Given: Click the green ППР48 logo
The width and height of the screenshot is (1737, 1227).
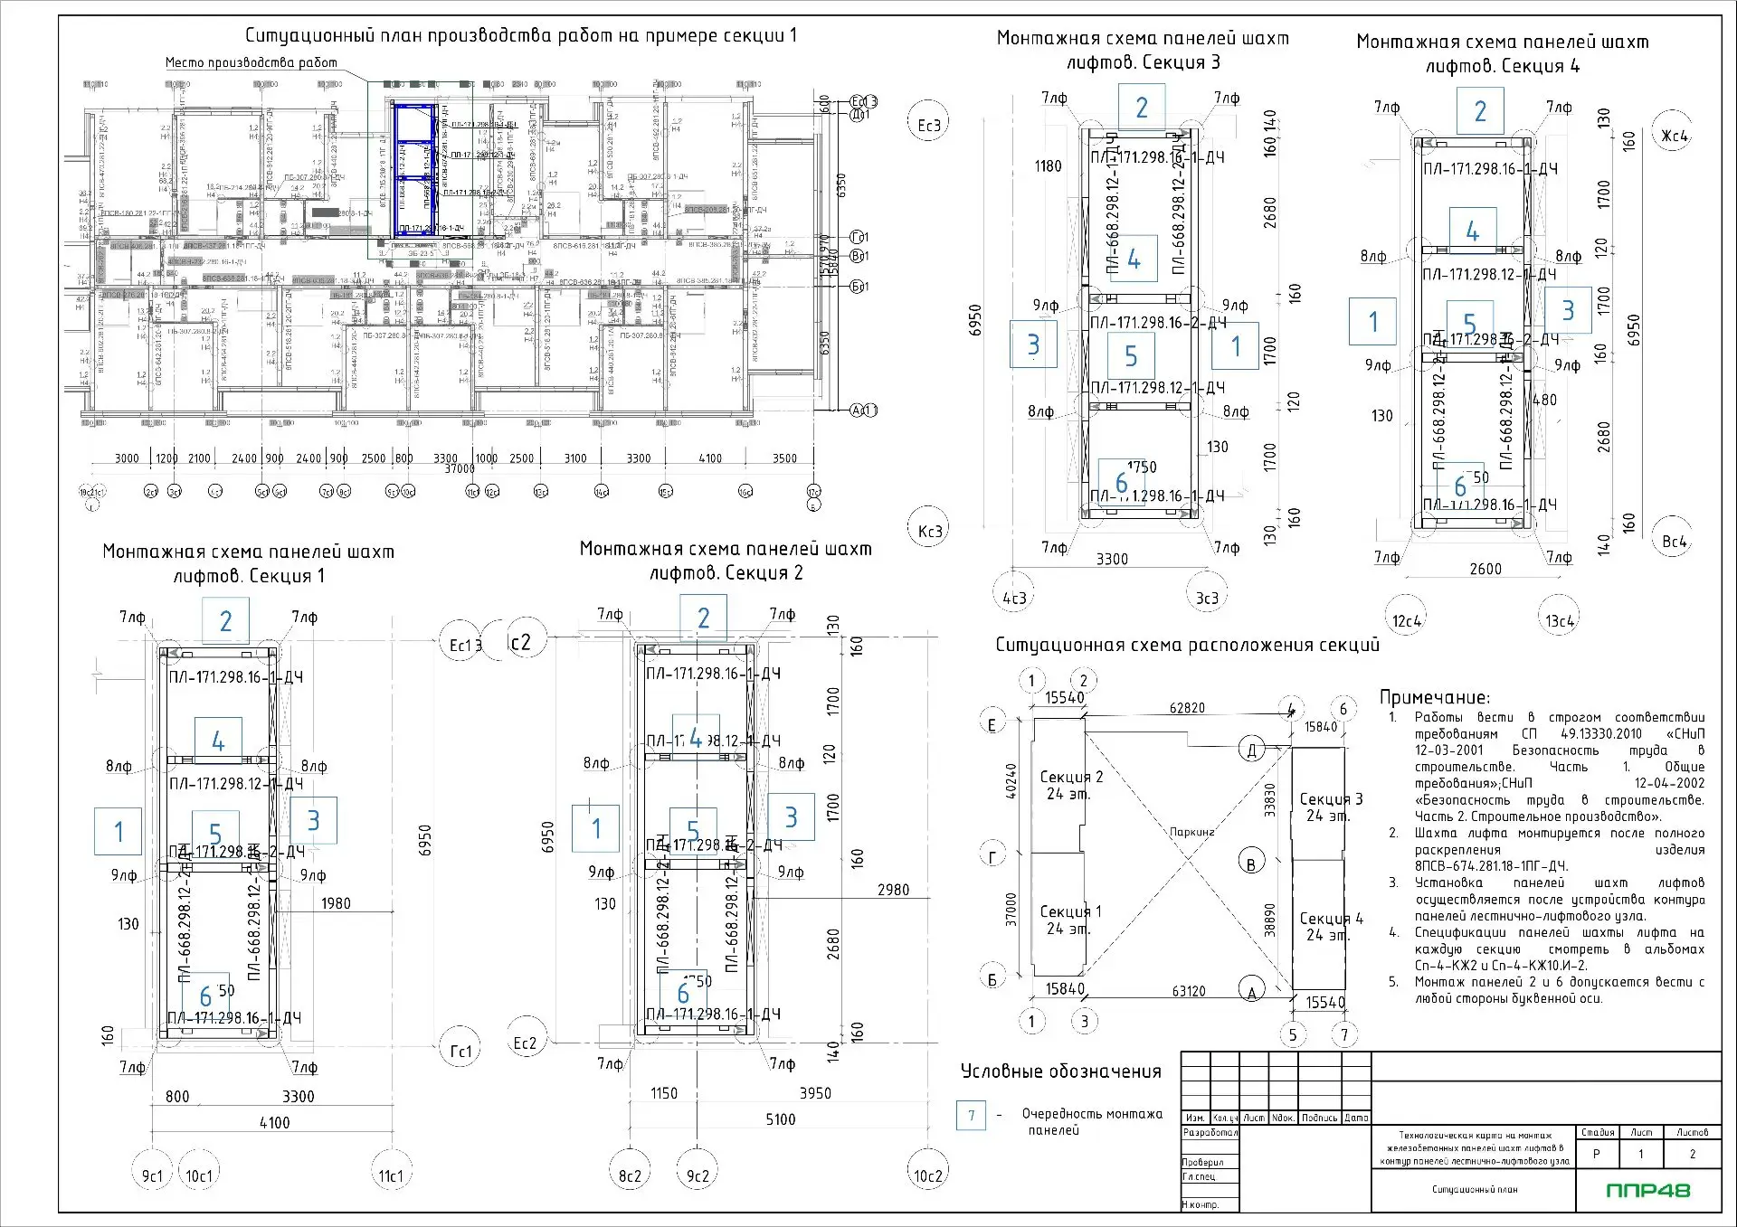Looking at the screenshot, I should click(1648, 1190).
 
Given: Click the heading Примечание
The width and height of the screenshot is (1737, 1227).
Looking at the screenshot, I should click(1434, 697).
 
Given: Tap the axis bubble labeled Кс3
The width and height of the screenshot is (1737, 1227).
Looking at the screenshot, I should click(930, 531).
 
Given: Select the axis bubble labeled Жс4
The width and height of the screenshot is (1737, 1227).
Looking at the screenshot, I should click(1674, 136).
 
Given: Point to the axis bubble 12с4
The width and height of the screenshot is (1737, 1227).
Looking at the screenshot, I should click(1407, 620).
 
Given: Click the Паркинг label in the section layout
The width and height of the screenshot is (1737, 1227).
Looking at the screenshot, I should click(1191, 831).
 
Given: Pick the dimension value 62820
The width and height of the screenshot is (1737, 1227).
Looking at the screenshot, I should click(1187, 708).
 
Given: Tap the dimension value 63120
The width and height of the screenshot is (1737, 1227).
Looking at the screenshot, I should click(1189, 991).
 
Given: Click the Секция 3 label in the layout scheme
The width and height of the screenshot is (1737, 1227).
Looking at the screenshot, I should click(1330, 799).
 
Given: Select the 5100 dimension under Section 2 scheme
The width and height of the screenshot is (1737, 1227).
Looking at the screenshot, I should click(780, 1119).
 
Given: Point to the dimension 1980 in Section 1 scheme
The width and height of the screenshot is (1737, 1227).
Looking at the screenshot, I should click(336, 903).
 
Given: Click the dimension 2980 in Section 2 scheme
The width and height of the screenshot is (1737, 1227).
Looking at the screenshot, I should click(893, 890).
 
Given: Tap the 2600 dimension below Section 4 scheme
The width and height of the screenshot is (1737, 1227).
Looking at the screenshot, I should click(1485, 569).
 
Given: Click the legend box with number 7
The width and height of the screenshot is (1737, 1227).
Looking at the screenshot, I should click(972, 1115).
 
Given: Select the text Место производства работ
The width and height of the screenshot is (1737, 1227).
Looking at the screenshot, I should click(251, 62).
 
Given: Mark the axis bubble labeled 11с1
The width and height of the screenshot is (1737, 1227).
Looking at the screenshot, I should click(391, 1175).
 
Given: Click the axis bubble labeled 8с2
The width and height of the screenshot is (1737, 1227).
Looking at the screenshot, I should click(630, 1175).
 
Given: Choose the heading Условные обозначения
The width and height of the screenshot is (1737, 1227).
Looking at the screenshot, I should click(1060, 1071).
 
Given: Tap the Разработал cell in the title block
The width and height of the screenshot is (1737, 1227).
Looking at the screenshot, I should click(1209, 1132).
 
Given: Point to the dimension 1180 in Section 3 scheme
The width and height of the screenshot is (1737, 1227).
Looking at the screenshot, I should click(1048, 166).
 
